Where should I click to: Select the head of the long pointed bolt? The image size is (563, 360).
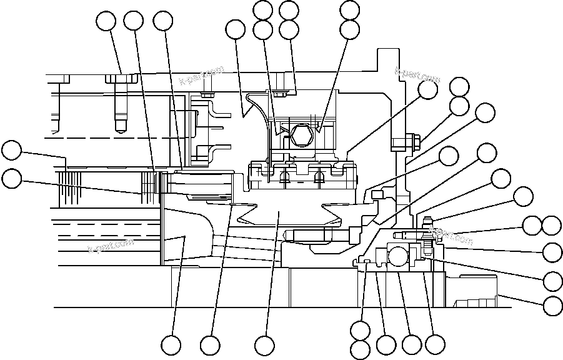point(121,79)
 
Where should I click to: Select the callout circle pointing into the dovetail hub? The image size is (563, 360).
point(264,344)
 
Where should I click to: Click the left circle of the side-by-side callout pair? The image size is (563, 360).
point(532,226)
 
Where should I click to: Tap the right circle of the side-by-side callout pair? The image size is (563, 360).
point(552,226)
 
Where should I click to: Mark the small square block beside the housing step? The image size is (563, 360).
point(377,195)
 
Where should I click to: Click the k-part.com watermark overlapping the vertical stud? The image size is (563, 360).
point(451,236)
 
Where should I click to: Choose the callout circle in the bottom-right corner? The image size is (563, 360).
point(552,306)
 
